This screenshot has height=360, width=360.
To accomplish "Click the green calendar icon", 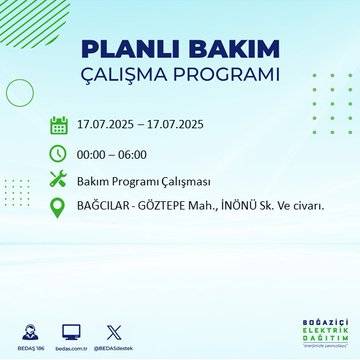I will point(59,126).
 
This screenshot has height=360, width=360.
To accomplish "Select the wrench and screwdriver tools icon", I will point(59,180).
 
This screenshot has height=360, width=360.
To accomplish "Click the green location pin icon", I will point(59,207).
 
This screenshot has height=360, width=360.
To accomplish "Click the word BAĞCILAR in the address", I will point(104,207).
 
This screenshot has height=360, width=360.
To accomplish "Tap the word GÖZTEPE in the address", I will point(165,207).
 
